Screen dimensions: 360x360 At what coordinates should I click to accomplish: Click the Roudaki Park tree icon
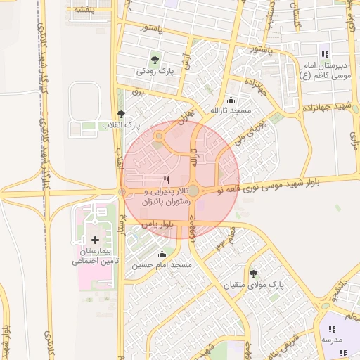click(155, 58)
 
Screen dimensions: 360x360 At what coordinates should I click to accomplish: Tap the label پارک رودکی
click(155, 71)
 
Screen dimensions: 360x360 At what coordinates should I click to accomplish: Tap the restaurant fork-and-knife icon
click(166, 180)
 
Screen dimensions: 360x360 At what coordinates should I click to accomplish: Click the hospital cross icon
click(96, 240)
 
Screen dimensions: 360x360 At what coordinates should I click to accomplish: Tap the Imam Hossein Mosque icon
click(163, 254)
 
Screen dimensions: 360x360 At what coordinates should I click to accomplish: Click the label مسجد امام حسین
click(163, 266)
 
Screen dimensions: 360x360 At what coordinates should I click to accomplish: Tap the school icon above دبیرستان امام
click(324, 54)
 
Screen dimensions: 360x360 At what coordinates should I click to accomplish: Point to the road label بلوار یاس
click(157, 224)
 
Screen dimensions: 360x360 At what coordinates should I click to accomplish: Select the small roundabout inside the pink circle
click(160, 136)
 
